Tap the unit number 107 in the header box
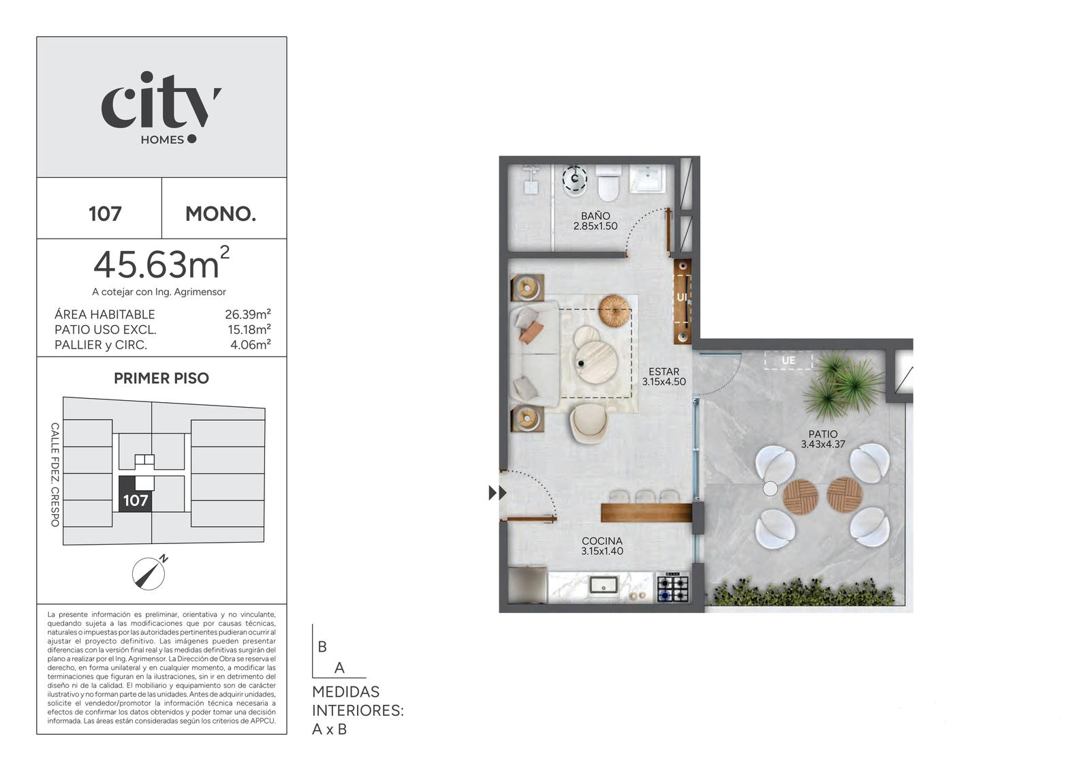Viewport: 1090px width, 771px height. click(105, 214)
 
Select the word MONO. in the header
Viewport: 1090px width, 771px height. click(221, 214)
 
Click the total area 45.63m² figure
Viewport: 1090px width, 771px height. click(161, 264)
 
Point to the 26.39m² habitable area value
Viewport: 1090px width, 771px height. click(248, 314)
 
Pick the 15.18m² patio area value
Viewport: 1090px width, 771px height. click(249, 329)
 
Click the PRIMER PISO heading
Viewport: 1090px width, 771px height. click(161, 378)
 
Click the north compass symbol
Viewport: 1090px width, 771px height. click(149, 573)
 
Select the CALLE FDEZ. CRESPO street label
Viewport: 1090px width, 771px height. click(55, 474)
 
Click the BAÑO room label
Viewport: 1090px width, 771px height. click(595, 216)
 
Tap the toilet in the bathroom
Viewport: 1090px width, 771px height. click(608, 183)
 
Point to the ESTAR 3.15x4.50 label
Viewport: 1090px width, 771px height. click(664, 376)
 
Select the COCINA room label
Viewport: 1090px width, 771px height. click(602, 541)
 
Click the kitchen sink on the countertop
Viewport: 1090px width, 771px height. click(604, 584)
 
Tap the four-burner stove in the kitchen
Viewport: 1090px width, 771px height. click(673, 588)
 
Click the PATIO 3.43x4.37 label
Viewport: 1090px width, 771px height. click(823, 439)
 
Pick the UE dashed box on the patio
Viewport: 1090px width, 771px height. click(788, 361)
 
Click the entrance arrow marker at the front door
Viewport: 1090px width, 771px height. click(497, 493)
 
